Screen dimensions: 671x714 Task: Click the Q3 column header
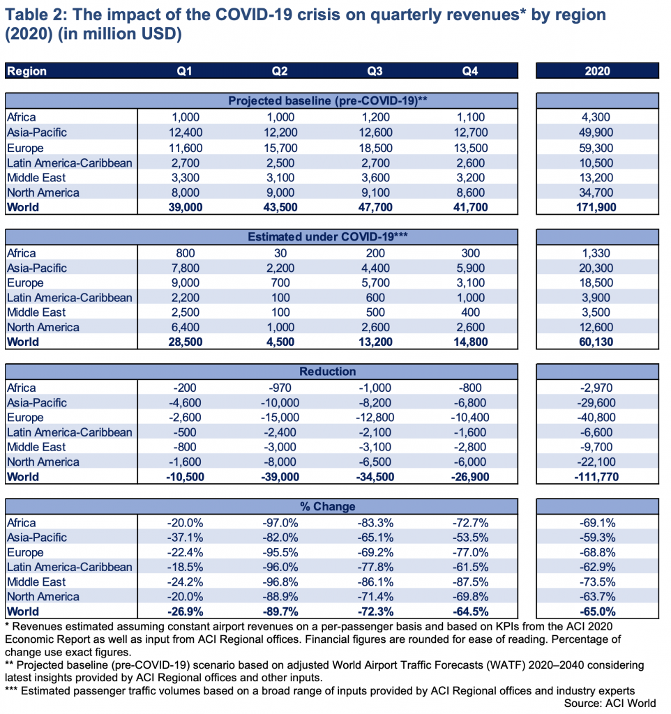pos(375,71)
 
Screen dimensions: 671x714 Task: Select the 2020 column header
pos(597,71)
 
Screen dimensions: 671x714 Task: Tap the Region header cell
pos(27,71)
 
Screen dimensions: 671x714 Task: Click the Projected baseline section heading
pos(328,100)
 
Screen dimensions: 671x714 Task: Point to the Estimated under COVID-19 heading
pos(328,237)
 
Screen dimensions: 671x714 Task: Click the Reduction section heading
pos(328,372)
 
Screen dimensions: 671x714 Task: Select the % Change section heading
pos(328,506)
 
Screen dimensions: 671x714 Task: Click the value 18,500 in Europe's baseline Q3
pos(375,148)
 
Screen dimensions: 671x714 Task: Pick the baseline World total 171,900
pos(597,207)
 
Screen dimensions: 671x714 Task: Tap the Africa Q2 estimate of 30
pos(280,253)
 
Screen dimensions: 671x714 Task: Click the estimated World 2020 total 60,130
pos(597,342)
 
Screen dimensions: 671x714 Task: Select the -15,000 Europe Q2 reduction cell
pos(280,418)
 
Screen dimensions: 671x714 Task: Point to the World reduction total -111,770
pos(597,477)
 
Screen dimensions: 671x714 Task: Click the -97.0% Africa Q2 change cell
pos(280,523)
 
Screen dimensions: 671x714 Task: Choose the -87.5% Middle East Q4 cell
pos(470,582)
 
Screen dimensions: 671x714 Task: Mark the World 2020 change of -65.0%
pos(597,612)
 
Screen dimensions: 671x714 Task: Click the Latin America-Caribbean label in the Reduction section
pos(70,432)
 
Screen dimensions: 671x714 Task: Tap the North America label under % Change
pos(43,597)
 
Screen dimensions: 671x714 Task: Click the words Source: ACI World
pos(610,703)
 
